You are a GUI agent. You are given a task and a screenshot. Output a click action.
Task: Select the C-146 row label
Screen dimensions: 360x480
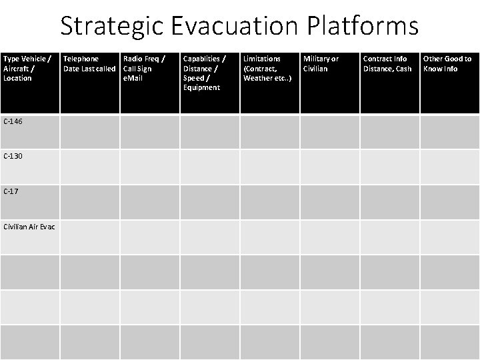pos(13,121)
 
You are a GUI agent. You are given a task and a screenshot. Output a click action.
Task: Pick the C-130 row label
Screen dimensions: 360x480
pos(13,156)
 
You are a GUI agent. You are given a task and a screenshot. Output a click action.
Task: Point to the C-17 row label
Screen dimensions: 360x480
pos(11,191)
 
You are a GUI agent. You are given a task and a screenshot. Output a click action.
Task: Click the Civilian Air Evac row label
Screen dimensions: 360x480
pos(29,227)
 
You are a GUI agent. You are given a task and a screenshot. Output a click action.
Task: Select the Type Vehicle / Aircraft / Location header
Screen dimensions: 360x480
pos(27,69)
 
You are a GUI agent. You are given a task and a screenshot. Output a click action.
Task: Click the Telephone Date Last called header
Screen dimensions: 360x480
pos(89,64)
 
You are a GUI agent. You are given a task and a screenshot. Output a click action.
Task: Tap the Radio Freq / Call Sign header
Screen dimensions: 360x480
pos(144,64)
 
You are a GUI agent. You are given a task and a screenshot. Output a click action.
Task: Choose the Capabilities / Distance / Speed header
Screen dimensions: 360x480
pos(204,73)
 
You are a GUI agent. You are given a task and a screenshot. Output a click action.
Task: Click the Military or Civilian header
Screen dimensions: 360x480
pos(321,64)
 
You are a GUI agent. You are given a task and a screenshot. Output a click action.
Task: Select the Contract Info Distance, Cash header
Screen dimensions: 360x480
pos(387,64)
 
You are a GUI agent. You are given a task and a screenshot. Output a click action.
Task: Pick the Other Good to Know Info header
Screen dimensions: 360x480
pos(447,64)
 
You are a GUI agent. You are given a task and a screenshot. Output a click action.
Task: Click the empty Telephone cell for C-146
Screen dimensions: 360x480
pos(90,131)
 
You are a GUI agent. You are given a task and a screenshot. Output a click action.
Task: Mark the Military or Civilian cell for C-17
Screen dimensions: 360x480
pos(330,202)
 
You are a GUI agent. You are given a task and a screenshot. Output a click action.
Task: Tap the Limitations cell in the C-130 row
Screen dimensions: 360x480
pos(270,167)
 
